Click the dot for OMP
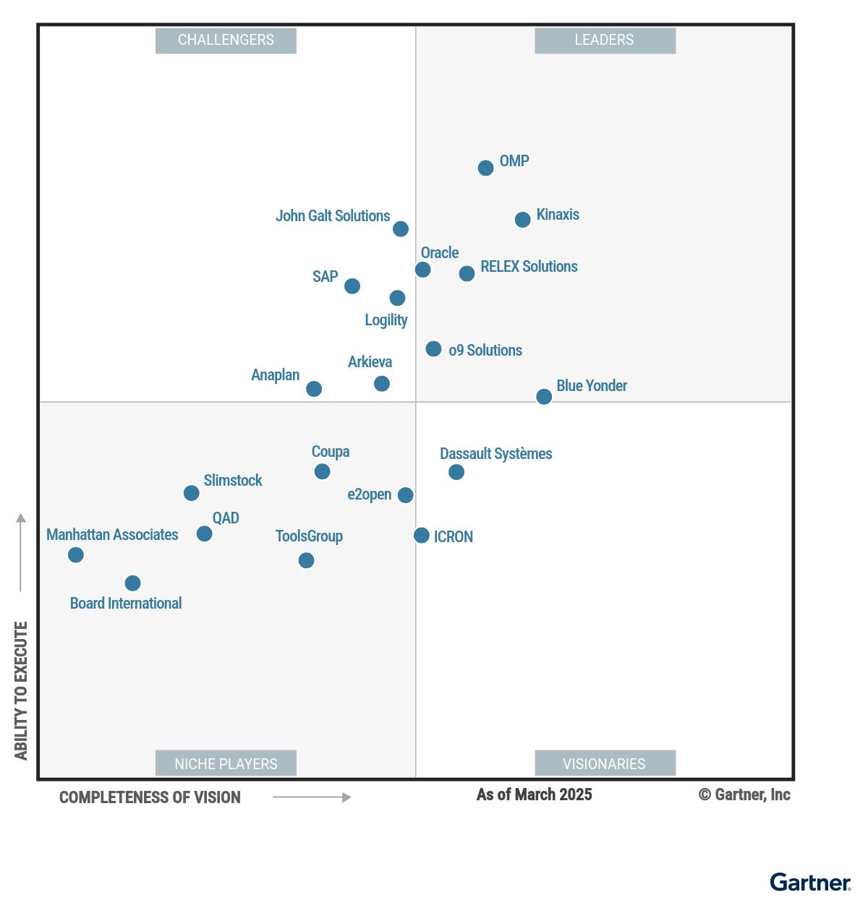pos(485,168)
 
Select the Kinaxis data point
pos(522,219)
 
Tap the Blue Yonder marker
pos(544,396)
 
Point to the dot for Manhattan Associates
pos(76,554)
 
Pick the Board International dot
pos(132,583)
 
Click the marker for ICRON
pos(421,535)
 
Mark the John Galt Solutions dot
pos(400,228)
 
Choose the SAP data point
pos(352,286)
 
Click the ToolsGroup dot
pos(306,560)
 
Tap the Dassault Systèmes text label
pos(495,454)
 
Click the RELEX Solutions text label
pos(529,267)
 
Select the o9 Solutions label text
pos(485,351)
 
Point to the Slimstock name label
pos(232,481)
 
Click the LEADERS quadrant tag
pos(605,40)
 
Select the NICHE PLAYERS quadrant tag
pos(226,763)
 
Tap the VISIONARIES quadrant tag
pos(605,763)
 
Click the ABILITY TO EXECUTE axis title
pos(21,690)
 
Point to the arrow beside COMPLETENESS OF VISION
pos(312,797)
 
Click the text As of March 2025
pos(534,795)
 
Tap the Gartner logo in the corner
pos(810,883)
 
